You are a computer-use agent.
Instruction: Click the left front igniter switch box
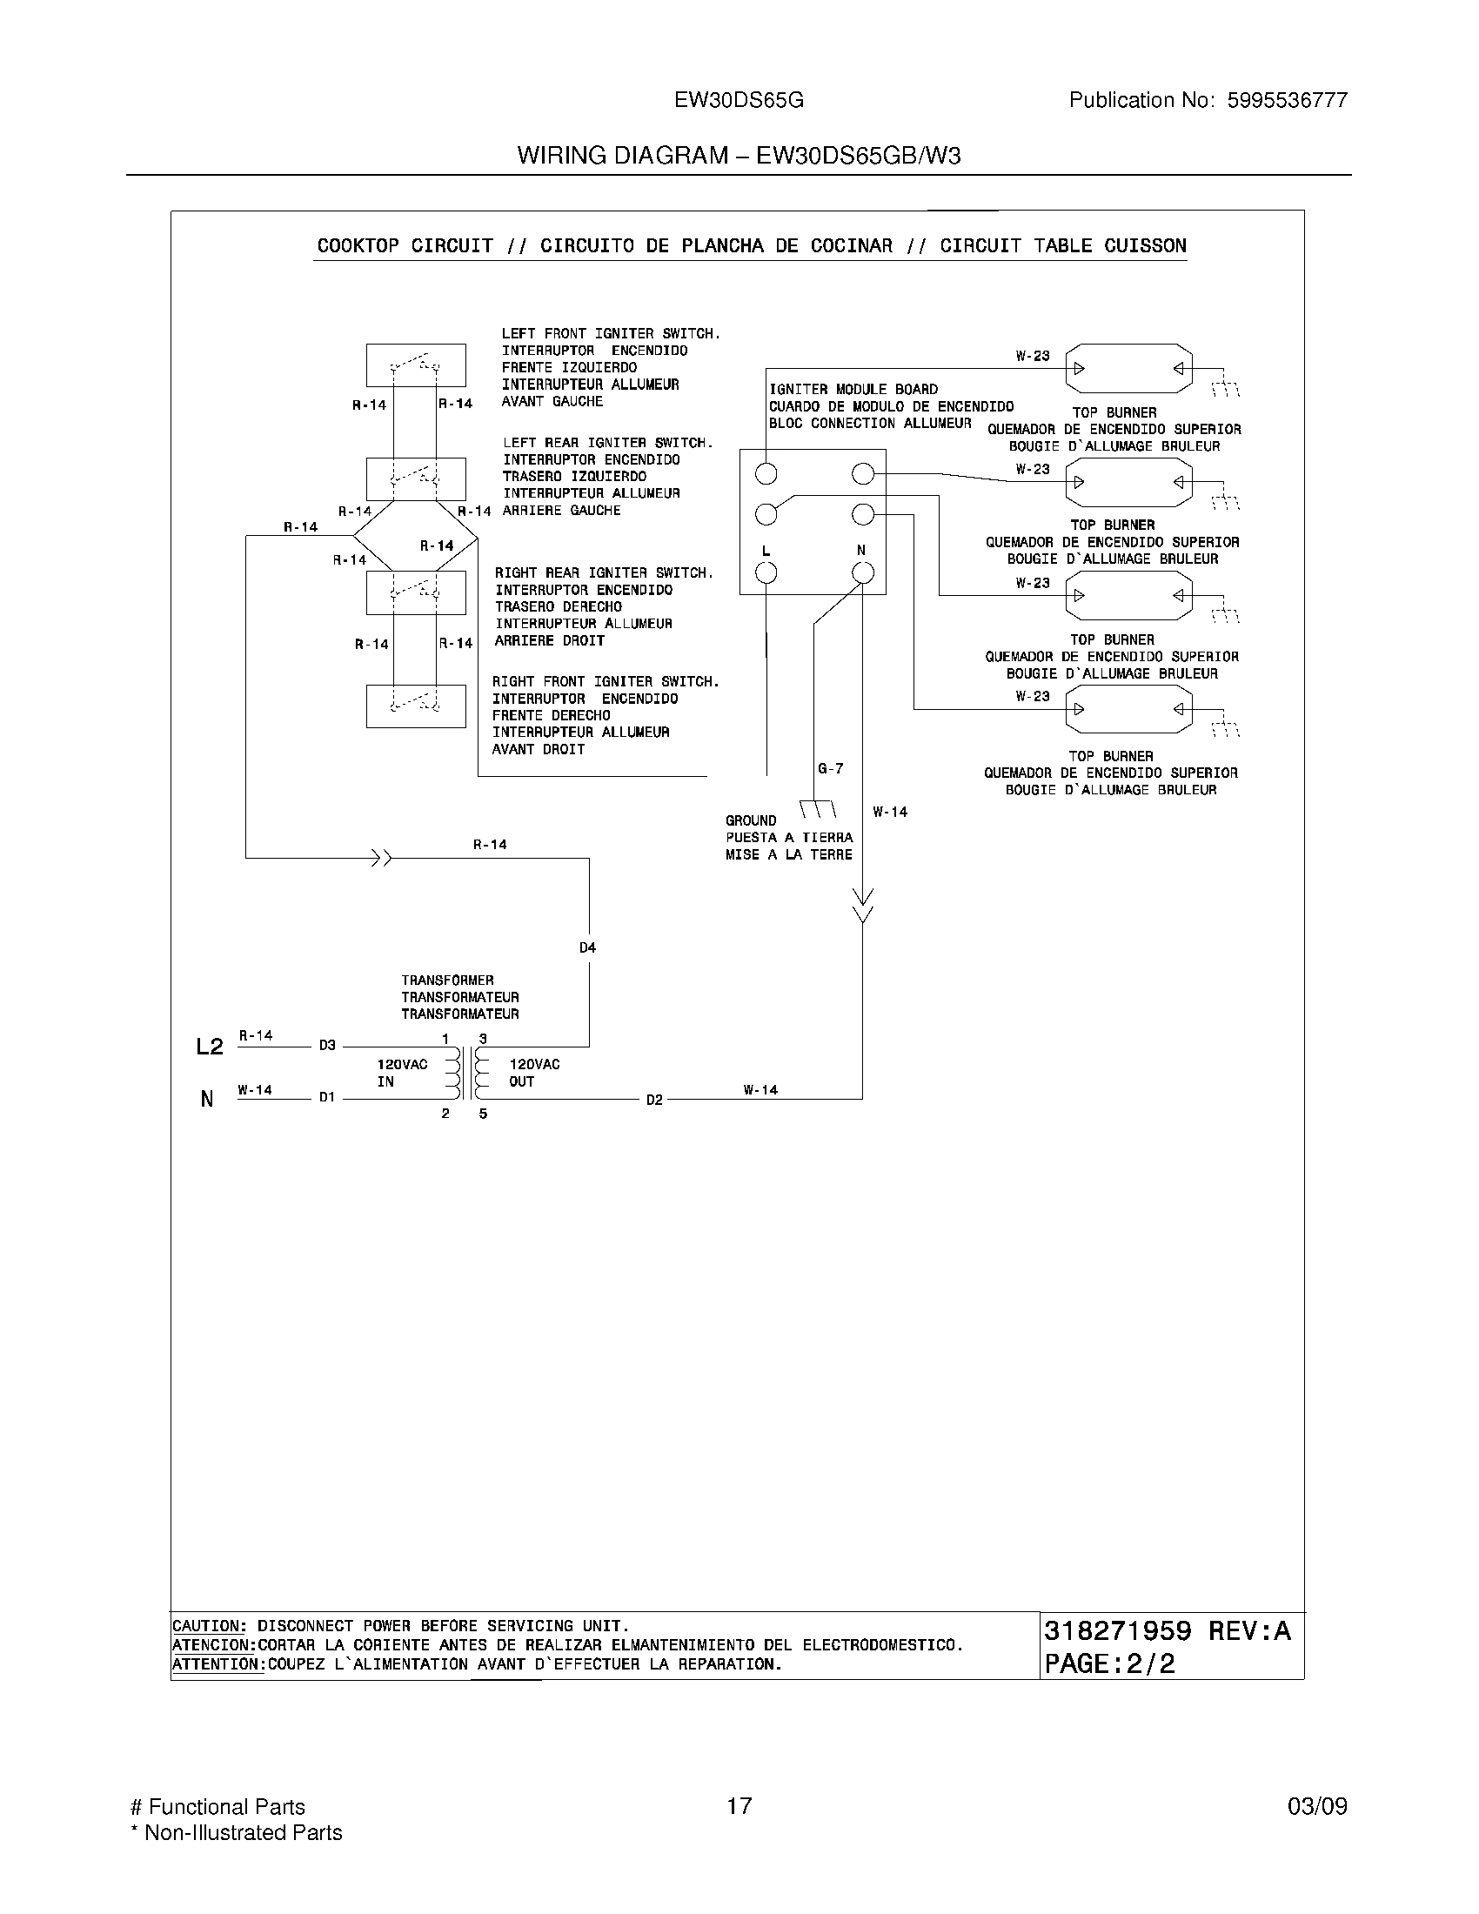[415, 365]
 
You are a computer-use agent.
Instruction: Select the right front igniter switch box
[415, 706]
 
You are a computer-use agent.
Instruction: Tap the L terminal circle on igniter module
[766, 573]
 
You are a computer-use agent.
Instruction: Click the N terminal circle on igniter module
[863, 573]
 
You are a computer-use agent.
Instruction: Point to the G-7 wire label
[830, 768]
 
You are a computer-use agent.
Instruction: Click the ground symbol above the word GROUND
[818, 808]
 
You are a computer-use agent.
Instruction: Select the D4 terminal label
[587, 947]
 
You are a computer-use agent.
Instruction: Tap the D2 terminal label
[654, 1100]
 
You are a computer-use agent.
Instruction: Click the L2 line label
[210, 1047]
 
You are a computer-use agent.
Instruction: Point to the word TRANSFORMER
[448, 980]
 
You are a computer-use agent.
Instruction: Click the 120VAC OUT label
[533, 1073]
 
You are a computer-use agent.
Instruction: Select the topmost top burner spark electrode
[1129, 368]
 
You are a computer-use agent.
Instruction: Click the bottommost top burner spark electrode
[1129, 709]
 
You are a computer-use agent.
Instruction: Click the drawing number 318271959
[1117, 1631]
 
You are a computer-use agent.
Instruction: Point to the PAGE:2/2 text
[1109, 1663]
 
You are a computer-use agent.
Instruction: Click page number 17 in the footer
[739, 1806]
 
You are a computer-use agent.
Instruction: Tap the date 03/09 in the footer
[1317, 1806]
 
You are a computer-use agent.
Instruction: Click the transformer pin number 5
[483, 1114]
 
